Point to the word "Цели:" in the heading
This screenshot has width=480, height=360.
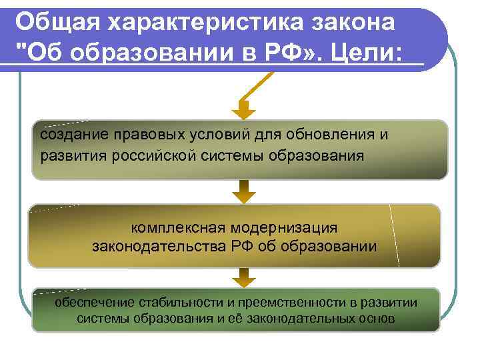coord(370,53)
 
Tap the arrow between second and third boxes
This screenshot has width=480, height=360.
coord(245,276)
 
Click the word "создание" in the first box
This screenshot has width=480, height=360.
coord(67,135)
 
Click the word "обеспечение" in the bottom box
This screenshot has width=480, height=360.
coord(93,303)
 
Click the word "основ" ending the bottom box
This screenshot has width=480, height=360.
coord(376,319)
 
